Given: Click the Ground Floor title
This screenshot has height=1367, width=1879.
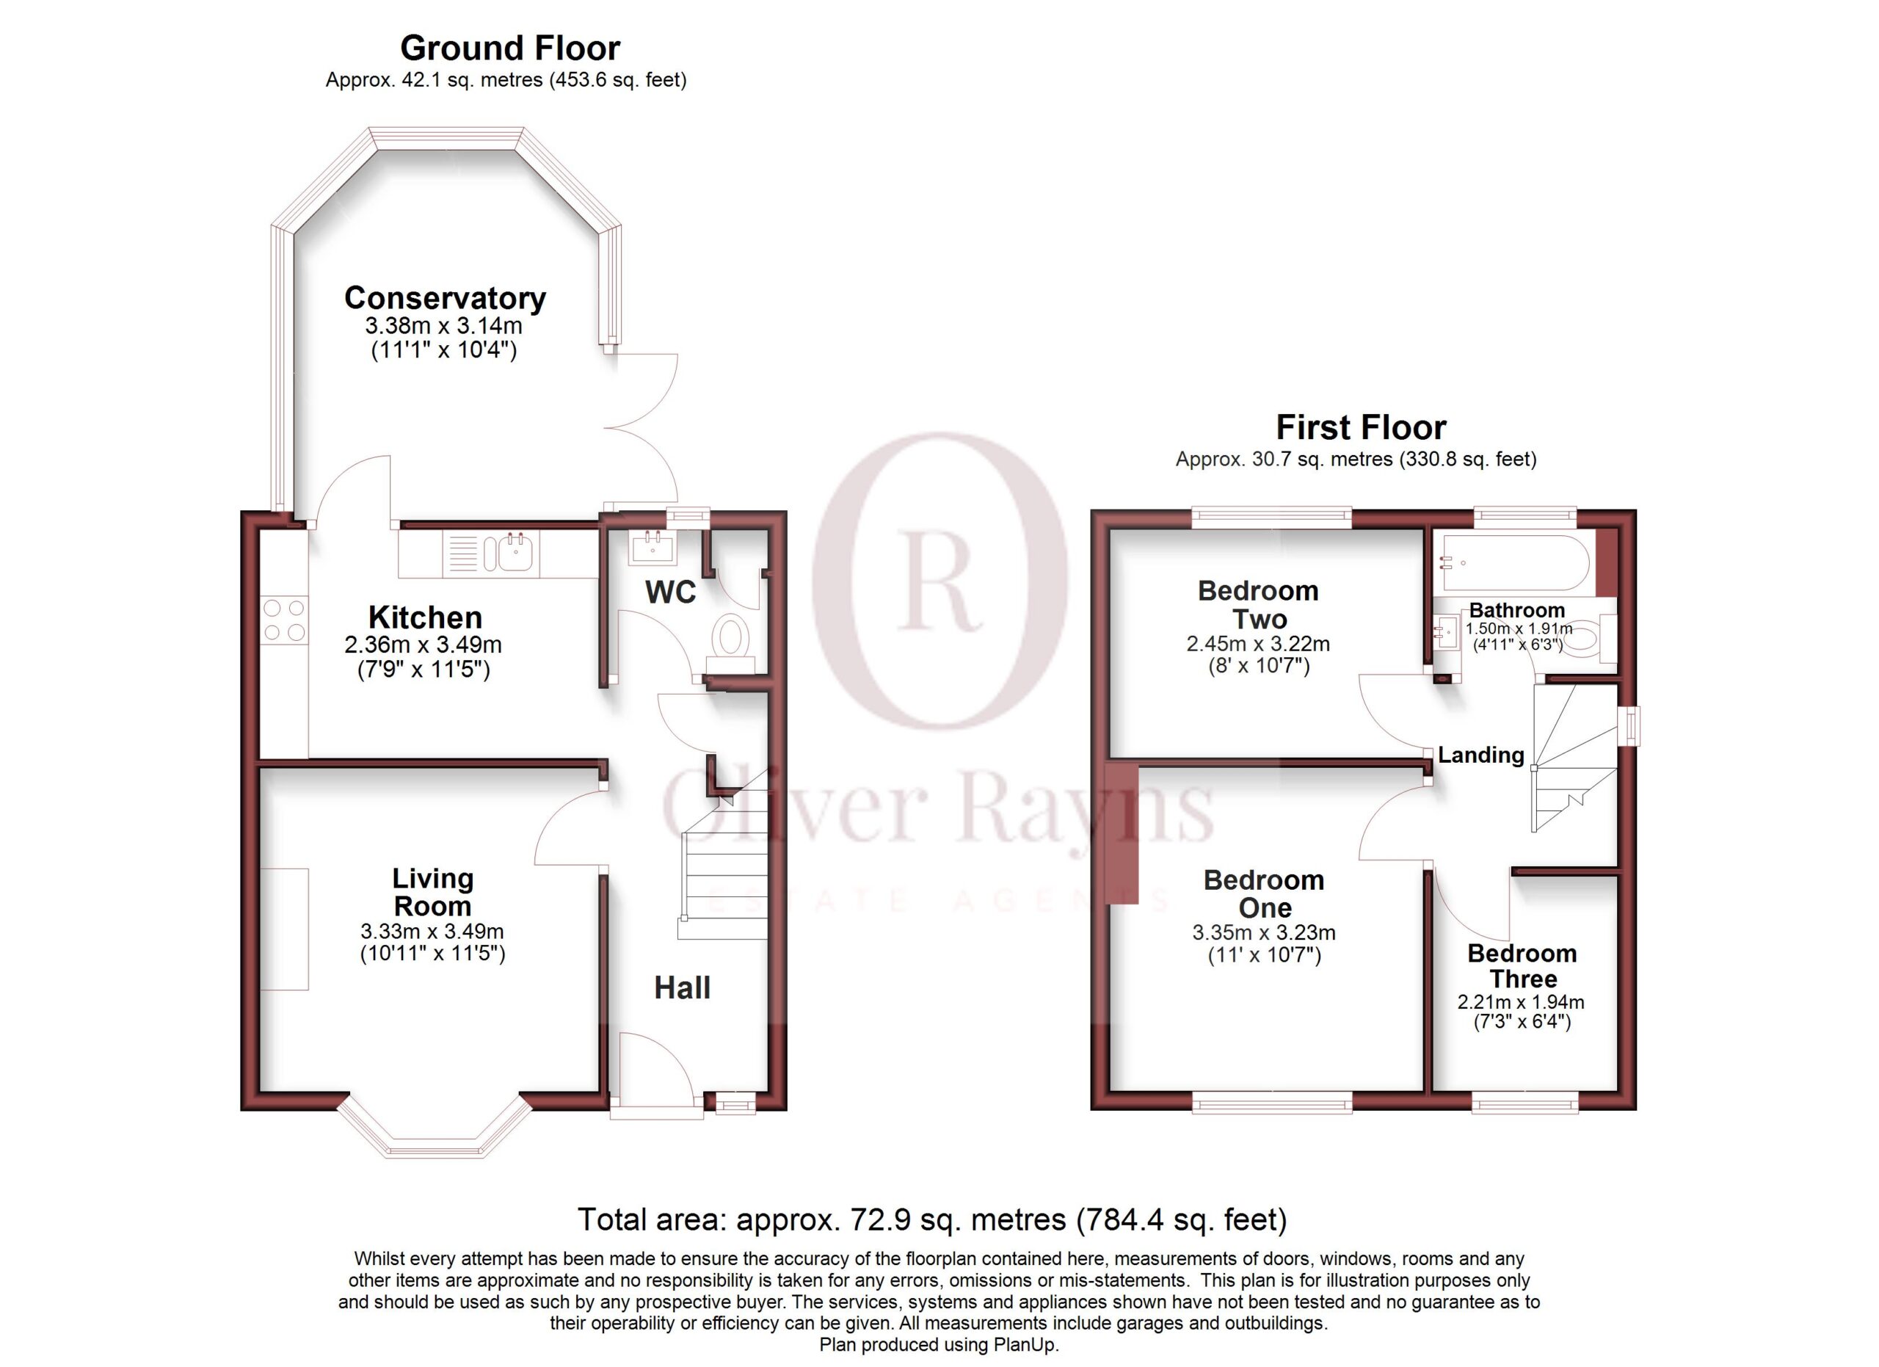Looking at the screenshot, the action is (510, 48).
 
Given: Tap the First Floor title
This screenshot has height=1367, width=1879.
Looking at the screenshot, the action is (1362, 427).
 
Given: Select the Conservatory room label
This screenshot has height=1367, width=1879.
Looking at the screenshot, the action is (445, 297).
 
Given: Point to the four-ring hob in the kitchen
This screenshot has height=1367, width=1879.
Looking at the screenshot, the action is (284, 620).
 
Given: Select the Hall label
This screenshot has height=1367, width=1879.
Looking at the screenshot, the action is (682, 987).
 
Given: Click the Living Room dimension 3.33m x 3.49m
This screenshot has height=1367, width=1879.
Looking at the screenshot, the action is (432, 931).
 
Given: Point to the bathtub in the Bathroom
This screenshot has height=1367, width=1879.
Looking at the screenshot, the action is (1516, 562).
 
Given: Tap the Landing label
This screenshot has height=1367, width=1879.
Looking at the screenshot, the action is (1480, 755).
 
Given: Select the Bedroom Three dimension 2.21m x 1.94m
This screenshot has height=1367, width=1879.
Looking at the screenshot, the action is (1521, 1001).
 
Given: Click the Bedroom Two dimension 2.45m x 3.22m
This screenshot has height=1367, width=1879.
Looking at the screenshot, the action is (1259, 644).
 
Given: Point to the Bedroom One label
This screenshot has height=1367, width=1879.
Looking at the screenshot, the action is (1264, 894).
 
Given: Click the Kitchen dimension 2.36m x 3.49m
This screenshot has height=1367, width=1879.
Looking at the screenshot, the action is (424, 645).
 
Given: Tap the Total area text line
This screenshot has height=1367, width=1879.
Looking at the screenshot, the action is (932, 1219).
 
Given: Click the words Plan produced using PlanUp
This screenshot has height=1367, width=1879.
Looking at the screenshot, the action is (939, 1345).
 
